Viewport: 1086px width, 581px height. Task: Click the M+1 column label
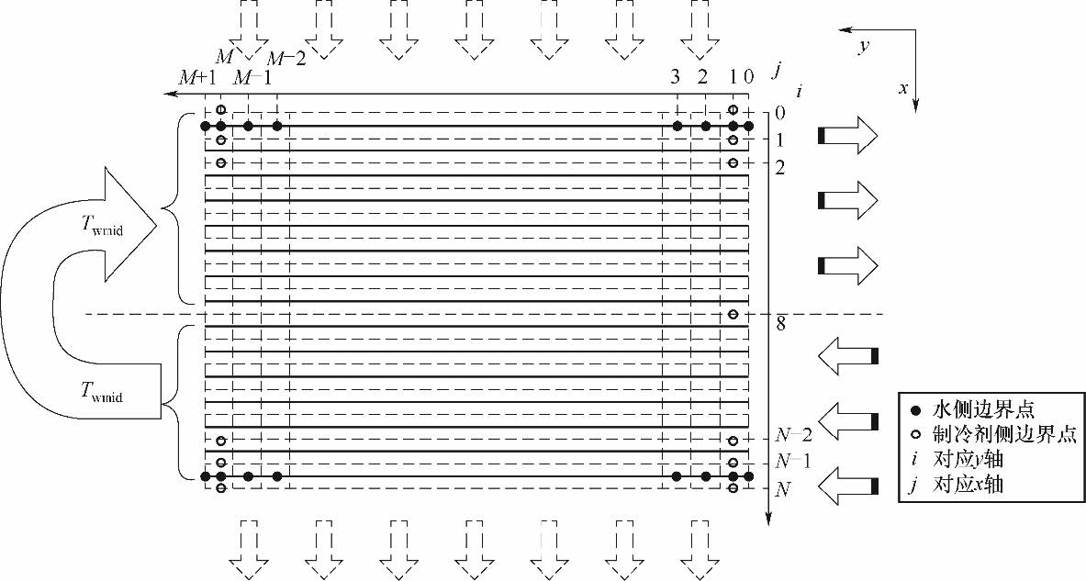pyautogui.click(x=197, y=78)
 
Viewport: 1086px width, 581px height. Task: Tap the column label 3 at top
pyautogui.click(x=677, y=78)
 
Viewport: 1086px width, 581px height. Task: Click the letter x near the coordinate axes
pyautogui.click(x=903, y=89)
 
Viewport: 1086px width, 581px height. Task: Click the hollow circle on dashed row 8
pyautogui.click(x=733, y=315)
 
